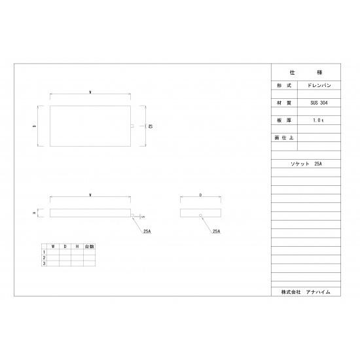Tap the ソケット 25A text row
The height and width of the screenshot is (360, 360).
[306, 163]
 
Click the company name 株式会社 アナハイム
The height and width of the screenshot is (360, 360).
[306, 291]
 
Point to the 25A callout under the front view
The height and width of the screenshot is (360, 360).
[146, 230]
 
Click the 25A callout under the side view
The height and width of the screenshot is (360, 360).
[217, 230]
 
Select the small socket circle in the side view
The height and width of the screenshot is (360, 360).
[200, 215]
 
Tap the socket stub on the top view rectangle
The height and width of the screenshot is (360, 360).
[133, 126]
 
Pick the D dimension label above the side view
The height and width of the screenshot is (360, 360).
[200, 195]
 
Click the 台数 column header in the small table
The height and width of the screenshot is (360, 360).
[88, 246]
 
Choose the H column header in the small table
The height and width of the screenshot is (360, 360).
[77, 246]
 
